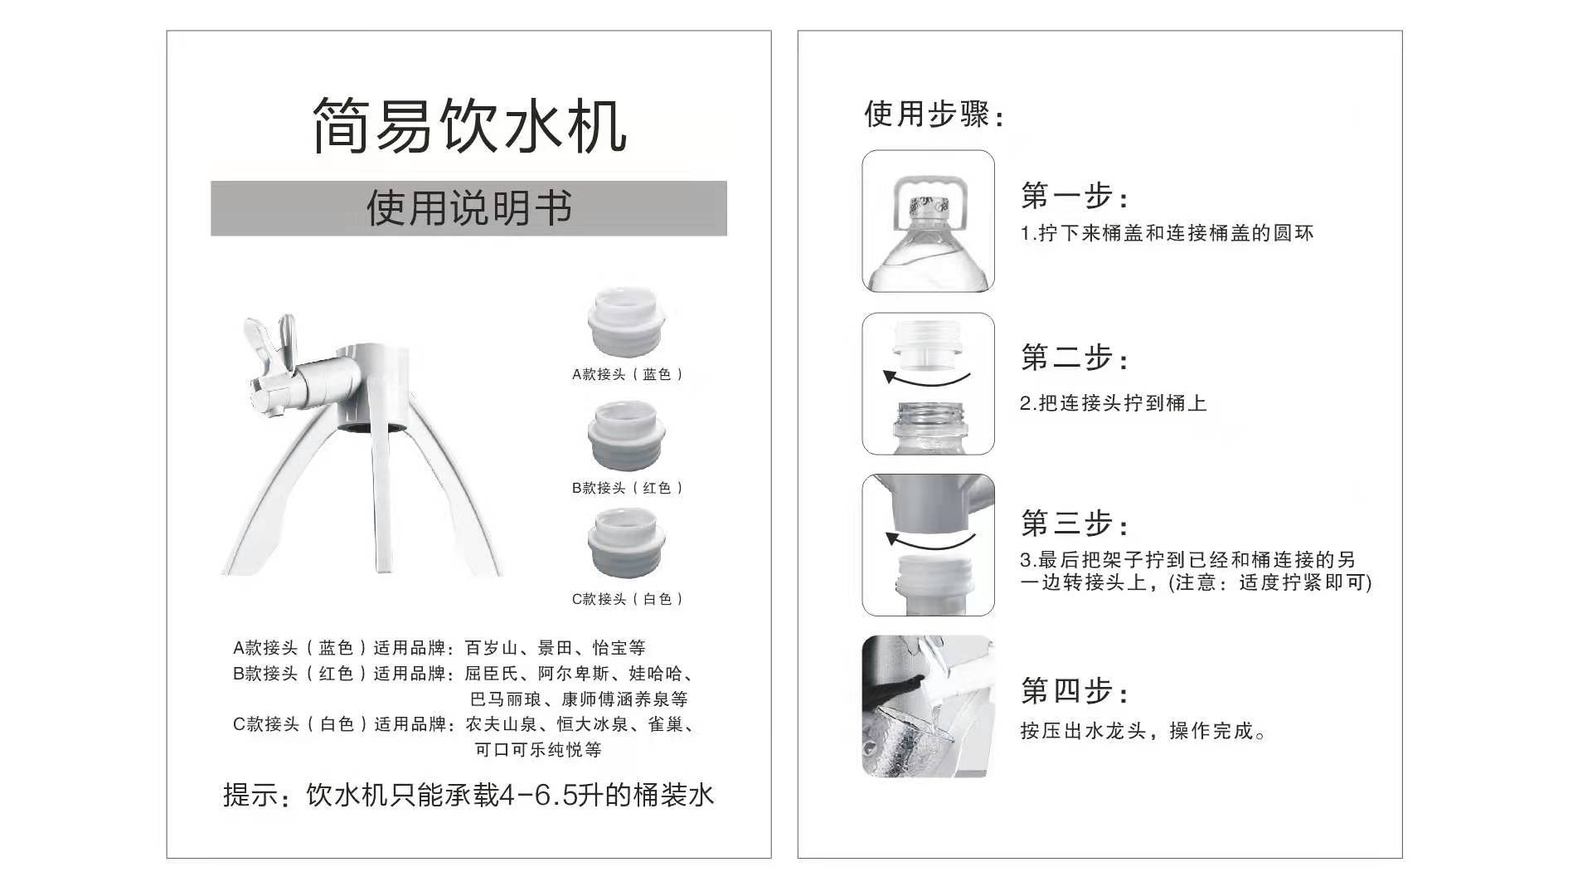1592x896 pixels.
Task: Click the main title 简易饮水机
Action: coord(469,126)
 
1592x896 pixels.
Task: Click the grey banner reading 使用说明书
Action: coord(468,208)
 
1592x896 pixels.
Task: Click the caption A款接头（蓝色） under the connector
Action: coord(628,374)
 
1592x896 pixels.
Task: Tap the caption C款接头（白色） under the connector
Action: coord(628,599)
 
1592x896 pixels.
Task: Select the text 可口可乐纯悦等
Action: coord(538,750)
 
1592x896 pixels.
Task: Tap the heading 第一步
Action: coord(1074,197)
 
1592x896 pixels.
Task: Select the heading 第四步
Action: coord(1074,690)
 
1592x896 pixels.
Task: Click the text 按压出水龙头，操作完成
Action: coord(1143,731)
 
